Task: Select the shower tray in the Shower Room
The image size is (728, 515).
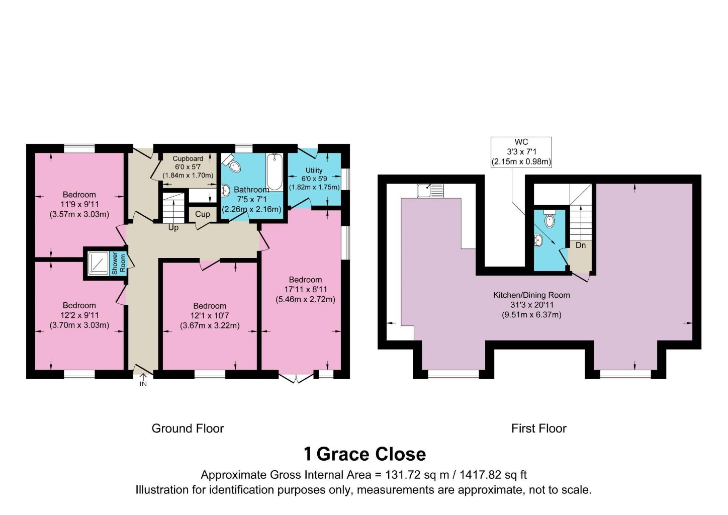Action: coord(98,263)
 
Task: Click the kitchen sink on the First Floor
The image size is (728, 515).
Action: coord(430,191)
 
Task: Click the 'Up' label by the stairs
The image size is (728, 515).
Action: coord(173,228)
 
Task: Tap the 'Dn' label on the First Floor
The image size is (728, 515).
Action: coord(581,245)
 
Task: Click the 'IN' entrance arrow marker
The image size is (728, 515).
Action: coord(143,380)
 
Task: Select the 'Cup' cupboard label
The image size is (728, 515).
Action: coord(203,214)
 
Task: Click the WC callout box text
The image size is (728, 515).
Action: coord(521,152)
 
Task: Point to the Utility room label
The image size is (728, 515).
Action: coord(314,170)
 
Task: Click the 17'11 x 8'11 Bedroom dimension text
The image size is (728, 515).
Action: coord(305,289)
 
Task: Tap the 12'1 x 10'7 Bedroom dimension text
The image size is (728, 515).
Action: coord(210,316)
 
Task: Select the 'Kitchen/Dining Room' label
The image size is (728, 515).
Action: coord(531,295)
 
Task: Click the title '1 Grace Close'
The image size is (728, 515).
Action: coord(365,454)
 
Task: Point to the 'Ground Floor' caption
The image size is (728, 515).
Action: coord(188,428)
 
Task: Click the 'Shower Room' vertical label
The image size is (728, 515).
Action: coord(119,263)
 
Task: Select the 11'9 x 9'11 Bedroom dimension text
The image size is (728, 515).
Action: coord(79,205)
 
